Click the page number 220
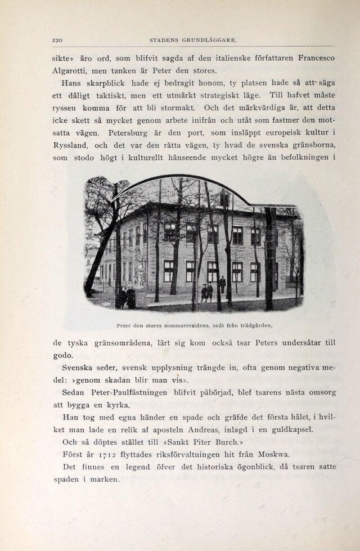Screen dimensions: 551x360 (56, 41)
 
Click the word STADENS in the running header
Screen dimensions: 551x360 (164, 41)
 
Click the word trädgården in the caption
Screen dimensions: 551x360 (256, 325)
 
